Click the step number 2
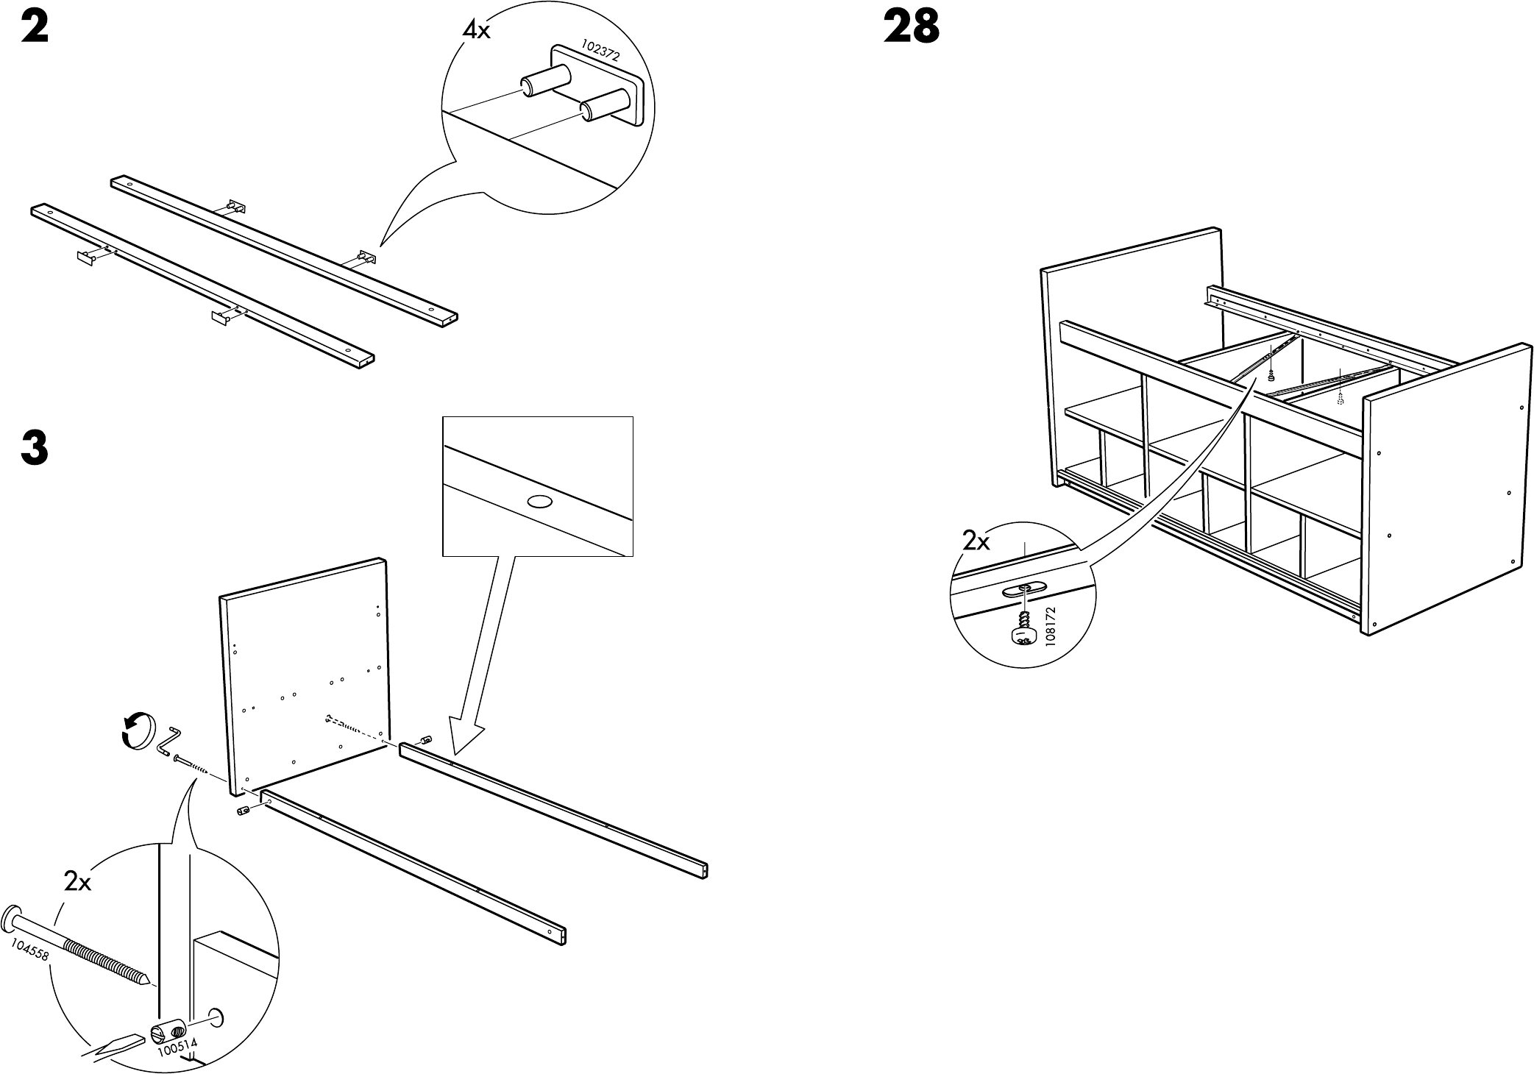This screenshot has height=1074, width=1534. (35, 29)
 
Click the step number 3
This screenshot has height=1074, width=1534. (35, 448)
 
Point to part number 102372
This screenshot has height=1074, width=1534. (600, 49)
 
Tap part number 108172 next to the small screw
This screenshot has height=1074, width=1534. (1050, 626)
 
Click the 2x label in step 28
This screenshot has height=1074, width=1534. (976, 542)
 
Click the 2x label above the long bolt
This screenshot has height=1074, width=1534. (77, 881)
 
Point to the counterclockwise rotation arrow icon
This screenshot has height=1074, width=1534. (138, 730)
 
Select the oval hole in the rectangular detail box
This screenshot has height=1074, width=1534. (539, 502)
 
